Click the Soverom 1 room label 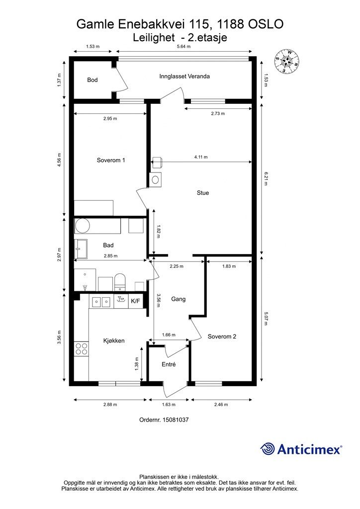pyautogui.click(x=110, y=160)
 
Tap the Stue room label pyautogui.click(x=202, y=193)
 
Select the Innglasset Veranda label pyautogui.click(x=184, y=77)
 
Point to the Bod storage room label pyautogui.click(x=92, y=80)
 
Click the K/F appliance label pyautogui.click(x=136, y=301)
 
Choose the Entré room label pyautogui.click(x=170, y=364)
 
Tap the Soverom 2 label pyautogui.click(x=222, y=337)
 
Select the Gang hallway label pyautogui.click(x=178, y=299)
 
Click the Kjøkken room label pyautogui.click(x=113, y=340)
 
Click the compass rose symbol pyautogui.click(x=287, y=62)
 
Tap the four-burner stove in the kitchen pyautogui.click(x=81, y=348)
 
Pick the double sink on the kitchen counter pyautogui.click(x=101, y=301)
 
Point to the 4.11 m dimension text pyautogui.click(x=201, y=157)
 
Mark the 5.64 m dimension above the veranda pyautogui.click(x=182, y=47)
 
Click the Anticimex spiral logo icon pyautogui.click(x=268, y=448)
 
